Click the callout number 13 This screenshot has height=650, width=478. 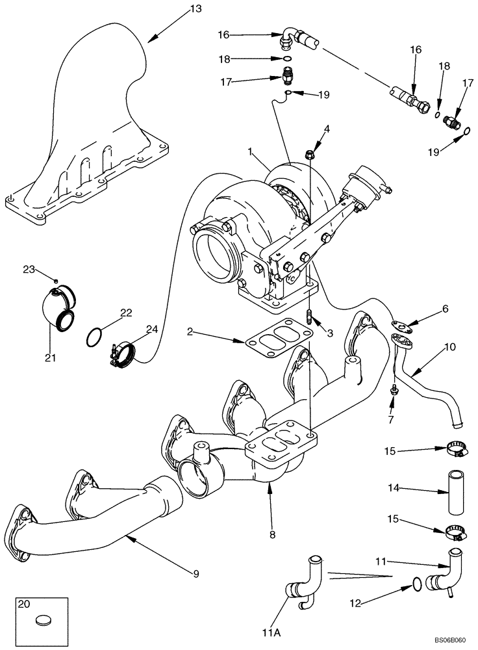(x=195, y=8)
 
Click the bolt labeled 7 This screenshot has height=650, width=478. (x=394, y=390)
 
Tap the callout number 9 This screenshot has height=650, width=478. (x=196, y=574)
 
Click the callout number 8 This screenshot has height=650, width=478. (x=272, y=534)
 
